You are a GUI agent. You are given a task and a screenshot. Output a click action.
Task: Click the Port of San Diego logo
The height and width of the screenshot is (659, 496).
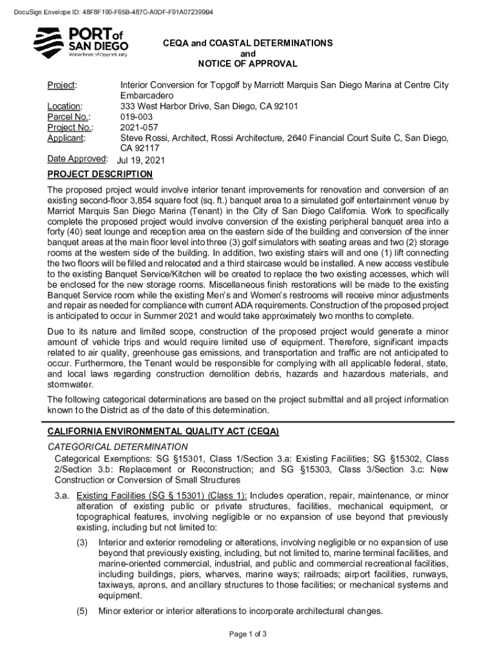click(81, 42)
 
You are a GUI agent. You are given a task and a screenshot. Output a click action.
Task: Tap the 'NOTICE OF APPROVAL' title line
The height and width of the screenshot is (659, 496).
click(248, 64)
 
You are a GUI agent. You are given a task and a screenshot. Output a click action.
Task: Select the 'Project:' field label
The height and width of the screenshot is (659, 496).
click(62, 86)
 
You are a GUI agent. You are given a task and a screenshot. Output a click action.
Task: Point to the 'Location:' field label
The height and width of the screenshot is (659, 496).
click(65, 106)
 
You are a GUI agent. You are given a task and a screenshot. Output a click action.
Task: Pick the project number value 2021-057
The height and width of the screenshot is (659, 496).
click(138, 127)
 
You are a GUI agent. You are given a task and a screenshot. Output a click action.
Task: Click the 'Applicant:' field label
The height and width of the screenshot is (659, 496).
click(67, 137)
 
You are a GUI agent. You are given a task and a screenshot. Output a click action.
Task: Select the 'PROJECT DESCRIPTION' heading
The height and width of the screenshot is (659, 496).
click(100, 174)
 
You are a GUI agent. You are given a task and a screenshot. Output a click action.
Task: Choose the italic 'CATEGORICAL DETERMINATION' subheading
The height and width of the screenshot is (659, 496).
click(118, 447)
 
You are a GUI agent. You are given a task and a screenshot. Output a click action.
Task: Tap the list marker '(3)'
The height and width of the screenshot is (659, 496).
click(82, 543)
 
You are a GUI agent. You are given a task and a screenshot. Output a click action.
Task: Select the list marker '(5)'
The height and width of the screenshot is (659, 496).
click(82, 611)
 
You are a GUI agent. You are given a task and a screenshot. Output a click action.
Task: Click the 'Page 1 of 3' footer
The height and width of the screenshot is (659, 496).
click(248, 635)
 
